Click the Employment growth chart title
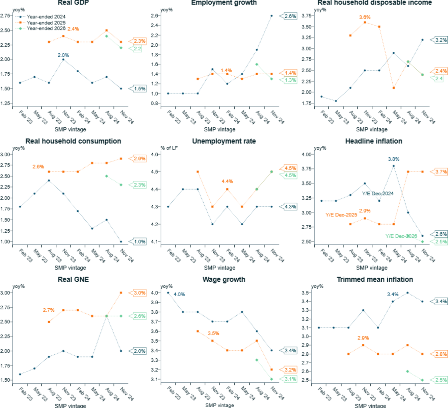pos(224,3)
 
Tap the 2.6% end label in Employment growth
pos(290,16)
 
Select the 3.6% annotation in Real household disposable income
pos(365,17)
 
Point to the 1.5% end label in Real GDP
pos(140,89)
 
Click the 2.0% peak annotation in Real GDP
pos(63,55)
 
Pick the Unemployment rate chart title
pos(224,141)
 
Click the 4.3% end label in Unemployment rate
pos(290,207)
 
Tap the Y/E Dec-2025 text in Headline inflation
pos(341,215)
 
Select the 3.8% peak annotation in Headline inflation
pos(393,159)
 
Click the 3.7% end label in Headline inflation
pos(441,172)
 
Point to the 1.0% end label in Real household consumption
pos(140,242)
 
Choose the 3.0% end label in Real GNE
pos(140,293)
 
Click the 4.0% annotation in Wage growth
pos(179,295)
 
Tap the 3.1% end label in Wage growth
pos(290,379)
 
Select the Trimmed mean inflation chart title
pos(375,279)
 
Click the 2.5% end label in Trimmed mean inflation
pos(441,380)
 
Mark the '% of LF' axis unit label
pos(169,148)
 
